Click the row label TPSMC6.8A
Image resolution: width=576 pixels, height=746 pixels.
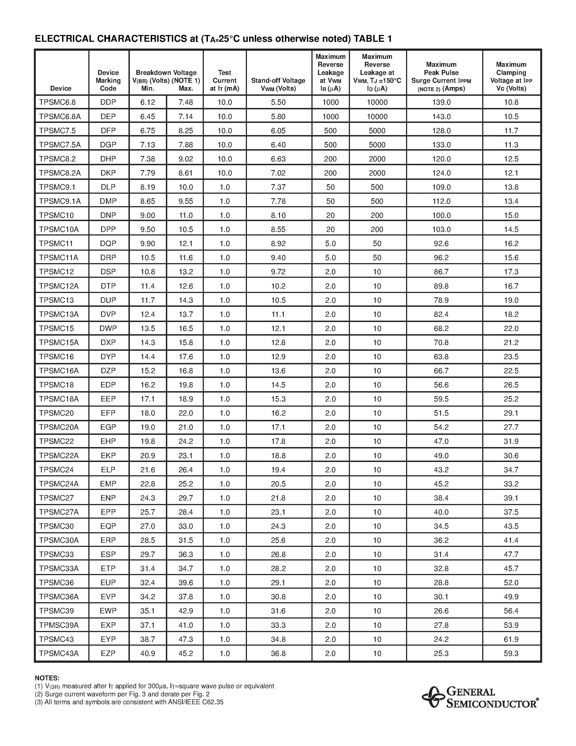[x=60, y=116]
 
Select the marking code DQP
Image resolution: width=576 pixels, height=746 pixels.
[x=108, y=244]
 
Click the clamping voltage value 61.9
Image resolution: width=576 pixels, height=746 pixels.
[x=511, y=639]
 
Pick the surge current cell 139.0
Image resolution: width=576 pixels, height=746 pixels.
[x=441, y=102]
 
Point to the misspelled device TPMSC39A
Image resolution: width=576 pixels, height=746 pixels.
[x=59, y=625]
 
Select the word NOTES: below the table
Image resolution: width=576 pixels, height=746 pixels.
[x=47, y=678]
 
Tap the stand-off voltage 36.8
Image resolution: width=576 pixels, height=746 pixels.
[x=278, y=653]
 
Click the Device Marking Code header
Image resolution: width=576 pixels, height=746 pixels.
[x=108, y=81]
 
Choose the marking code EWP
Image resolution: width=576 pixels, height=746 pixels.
[x=108, y=611]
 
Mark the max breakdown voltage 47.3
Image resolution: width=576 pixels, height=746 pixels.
[x=186, y=639]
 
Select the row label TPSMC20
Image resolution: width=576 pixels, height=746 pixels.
[x=57, y=413]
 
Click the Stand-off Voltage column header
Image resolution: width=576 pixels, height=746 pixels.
[x=278, y=84]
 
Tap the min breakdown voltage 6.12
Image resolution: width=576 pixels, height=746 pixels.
[x=147, y=102]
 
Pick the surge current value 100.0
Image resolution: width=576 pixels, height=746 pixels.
[x=441, y=215]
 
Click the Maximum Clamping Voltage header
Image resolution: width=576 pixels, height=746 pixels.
[x=511, y=76]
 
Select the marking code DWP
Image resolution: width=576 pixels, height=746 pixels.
[x=108, y=328]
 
